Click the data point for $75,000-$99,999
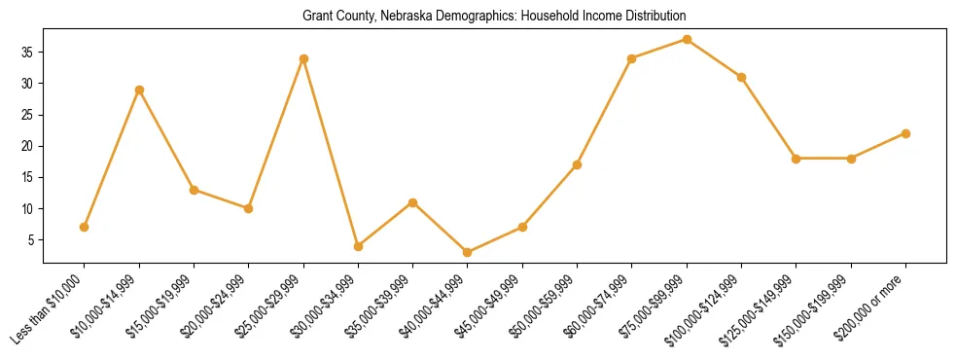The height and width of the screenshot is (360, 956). click(687, 40)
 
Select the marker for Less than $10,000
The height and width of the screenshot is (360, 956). click(85, 227)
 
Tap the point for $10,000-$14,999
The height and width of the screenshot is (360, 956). click(139, 90)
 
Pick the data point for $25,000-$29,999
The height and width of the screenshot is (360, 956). click(303, 58)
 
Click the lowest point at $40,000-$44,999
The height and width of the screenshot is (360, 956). click(468, 252)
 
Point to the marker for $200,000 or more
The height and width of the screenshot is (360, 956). click(905, 133)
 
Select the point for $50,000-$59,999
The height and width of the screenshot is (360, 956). click(577, 164)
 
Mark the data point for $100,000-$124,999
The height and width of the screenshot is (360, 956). click(741, 77)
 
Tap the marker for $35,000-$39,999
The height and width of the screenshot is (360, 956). click(412, 202)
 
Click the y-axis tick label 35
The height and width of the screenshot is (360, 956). click(28, 53)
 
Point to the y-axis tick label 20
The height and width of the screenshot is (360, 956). click(28, 146)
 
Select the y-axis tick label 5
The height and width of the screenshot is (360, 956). click(31, 239)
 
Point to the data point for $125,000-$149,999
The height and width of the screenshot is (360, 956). click(796, 159)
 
